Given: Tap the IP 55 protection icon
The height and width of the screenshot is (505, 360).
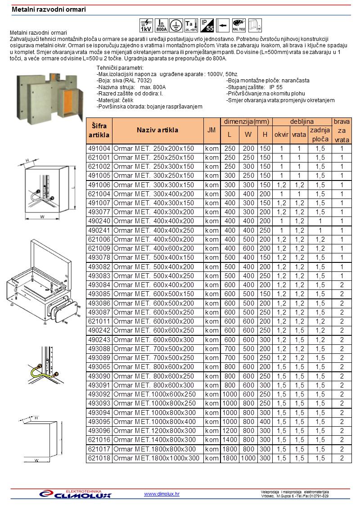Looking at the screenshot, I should pos(207,25).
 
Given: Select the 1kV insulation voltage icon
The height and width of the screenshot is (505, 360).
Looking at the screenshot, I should pos(146,25).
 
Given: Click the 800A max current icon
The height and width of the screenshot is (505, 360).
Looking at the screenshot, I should pos(161,25).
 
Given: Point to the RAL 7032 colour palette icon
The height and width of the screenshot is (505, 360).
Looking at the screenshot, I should pos(238,25).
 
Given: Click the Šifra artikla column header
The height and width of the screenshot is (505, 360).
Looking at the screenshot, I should pos(99,131).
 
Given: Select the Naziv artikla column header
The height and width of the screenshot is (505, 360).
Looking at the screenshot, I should pos(157,131).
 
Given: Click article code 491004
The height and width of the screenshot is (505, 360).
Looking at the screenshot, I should pos(99,149).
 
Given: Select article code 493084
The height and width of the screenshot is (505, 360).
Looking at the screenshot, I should pos(99,285).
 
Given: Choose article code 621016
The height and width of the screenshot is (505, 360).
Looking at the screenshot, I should pos(99,440).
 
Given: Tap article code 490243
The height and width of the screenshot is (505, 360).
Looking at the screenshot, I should pos(99,339).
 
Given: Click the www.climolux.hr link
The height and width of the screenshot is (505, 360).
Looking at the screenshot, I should pos(162,494).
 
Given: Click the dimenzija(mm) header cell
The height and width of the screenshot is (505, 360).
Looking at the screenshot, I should pos(247,122).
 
